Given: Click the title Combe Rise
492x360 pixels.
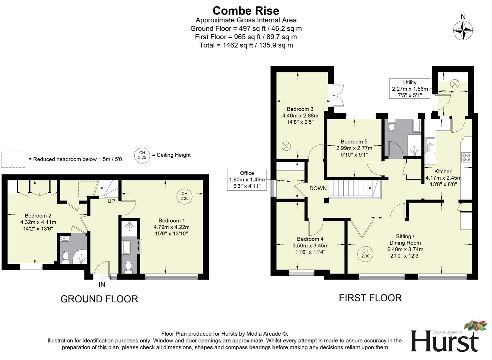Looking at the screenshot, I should point(246,11).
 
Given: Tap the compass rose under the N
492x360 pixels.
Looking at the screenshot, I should point(463,30).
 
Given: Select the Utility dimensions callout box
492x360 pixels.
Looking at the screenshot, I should point(410,89).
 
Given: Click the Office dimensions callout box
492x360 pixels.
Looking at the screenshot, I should point(247,180).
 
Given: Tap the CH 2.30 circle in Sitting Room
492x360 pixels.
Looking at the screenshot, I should point(365,254).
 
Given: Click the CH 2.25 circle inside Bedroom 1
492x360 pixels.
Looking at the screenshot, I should point(184,196).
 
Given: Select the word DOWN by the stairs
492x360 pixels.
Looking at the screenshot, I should point(318,188).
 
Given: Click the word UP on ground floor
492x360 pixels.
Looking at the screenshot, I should point(111,201).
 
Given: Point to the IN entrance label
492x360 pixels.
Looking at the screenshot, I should point(102,284).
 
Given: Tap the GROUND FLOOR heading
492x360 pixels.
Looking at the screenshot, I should point(99,299).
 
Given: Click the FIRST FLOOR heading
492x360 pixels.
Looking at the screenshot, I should point(370,298).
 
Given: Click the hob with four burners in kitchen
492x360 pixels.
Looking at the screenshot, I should point(466,157).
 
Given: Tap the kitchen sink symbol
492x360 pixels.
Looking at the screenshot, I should point(430,145).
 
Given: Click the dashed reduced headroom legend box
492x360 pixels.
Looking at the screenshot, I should point(13,159).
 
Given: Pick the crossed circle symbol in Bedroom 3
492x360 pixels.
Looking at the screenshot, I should point(286,146).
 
